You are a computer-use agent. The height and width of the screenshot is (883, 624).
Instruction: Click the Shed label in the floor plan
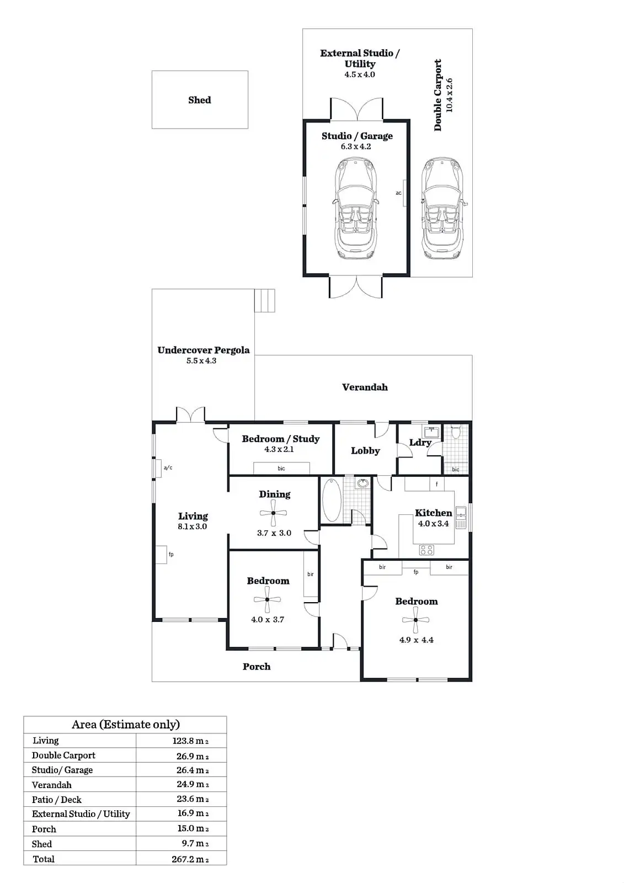(x=199, y=100)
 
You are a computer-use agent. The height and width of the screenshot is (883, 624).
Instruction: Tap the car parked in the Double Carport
(x=442, y=208)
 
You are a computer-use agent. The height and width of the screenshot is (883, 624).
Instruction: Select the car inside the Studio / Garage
(x=356, y=208)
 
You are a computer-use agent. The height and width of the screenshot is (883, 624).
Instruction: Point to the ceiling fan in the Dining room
(x=273, y=514)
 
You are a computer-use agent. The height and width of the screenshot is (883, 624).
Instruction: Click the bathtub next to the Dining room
(x=332, y=500)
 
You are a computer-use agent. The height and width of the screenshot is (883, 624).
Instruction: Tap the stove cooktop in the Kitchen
(x=426, y=550)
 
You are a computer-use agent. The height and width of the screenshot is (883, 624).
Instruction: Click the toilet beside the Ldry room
(x=455, y=432)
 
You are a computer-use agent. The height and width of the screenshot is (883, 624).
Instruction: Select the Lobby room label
(x=365, y=451)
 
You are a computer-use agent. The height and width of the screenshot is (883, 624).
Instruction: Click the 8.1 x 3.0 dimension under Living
(x=192, y=526)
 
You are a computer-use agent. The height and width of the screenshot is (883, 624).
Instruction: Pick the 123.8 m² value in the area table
(x=190, y=741)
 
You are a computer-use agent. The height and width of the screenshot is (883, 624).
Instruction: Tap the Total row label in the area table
(x=44, y=859)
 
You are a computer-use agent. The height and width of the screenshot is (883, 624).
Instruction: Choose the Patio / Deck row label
(x=56, y=800)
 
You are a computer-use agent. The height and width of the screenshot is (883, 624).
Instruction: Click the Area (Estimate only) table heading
(x=125, y=725)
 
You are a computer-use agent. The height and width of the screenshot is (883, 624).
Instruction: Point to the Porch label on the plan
(x=257, y=667)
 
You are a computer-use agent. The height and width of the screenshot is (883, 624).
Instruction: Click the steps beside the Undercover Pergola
(x=264, y=301)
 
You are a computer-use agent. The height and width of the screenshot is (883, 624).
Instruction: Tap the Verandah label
(x=365, y=387)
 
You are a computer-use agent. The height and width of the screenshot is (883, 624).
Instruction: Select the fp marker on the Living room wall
(x=171, y=554)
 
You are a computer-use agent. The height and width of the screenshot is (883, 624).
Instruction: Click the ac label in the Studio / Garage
(x=398, y=193)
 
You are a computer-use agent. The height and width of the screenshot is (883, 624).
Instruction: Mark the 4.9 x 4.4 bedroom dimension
(x=416, y=640)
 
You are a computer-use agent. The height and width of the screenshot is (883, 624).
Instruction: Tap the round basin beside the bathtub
(x=362, y=484)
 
